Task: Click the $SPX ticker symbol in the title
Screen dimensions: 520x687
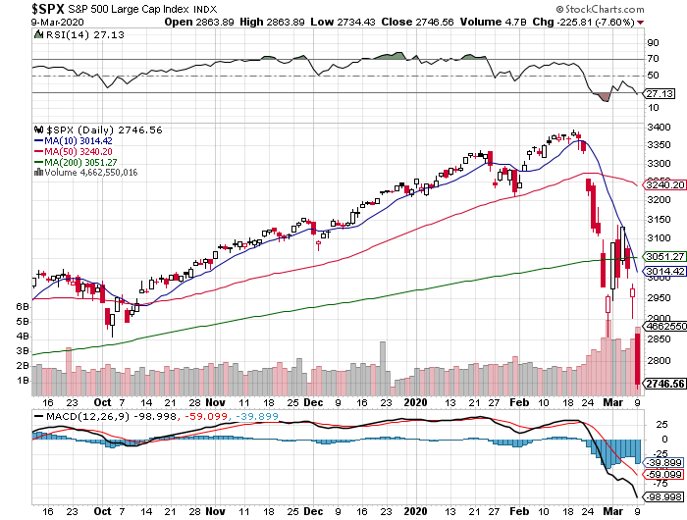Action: tap(21, 8)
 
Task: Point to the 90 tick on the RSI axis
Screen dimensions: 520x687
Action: tap(651, 43)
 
